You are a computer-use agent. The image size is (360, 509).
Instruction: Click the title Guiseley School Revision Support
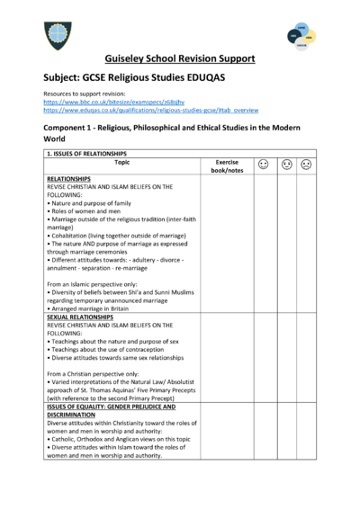pos(180,59)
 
